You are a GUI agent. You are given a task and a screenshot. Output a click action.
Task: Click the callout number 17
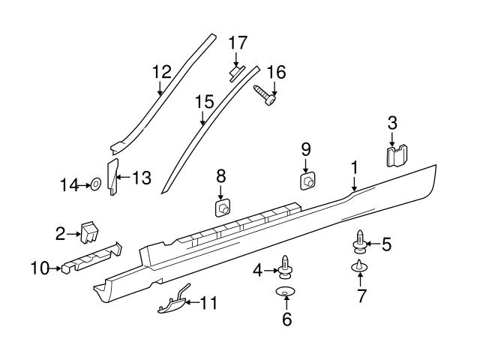(237, 43)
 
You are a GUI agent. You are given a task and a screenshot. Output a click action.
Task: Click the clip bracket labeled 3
(396, 155)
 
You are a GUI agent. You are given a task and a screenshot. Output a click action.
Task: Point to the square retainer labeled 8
(223, 208)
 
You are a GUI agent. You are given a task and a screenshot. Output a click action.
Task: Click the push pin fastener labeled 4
(286, 266)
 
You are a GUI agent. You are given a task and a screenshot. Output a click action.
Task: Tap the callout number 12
(162, 72)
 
